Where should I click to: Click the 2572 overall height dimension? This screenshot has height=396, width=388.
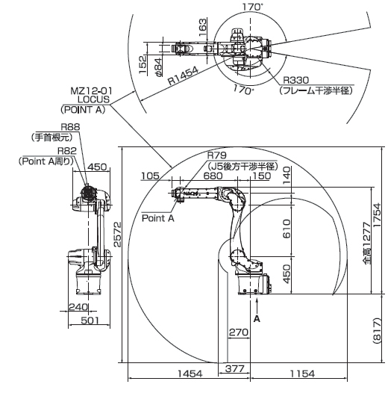(x=117, y=234)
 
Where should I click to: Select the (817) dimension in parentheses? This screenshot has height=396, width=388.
(x=377, y=330)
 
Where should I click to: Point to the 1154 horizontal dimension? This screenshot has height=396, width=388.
(x=302, y=374)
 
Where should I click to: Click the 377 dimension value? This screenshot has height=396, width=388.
(x=234, y=368)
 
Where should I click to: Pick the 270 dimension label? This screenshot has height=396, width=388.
(x=239, y=332)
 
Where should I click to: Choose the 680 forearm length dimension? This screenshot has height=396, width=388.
(x=213, y=176)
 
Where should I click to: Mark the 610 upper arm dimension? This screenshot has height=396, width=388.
(x=287, y=229)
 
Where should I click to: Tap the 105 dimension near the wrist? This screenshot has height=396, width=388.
(x=150, y=176)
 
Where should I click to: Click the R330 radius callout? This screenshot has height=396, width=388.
(x=296, y=80)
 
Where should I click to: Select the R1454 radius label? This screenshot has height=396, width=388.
(x=183, y=75)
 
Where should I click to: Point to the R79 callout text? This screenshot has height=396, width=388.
(x=217, y=155)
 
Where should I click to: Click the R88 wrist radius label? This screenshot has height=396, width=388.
(x=70, y=127)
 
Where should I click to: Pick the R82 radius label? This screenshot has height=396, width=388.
(x=67, y=151)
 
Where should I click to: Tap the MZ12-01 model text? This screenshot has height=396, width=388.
(x=91, y=90)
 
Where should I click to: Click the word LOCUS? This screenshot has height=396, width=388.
(x=93, y=99)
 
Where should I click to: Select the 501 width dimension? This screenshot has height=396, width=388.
(x=90, y=321)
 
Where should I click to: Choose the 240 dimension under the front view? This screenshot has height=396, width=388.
(x=78, y=307)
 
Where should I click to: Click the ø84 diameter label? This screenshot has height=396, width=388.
(x=158, y=67)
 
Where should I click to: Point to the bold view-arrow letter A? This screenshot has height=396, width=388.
(x=257, y=319)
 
